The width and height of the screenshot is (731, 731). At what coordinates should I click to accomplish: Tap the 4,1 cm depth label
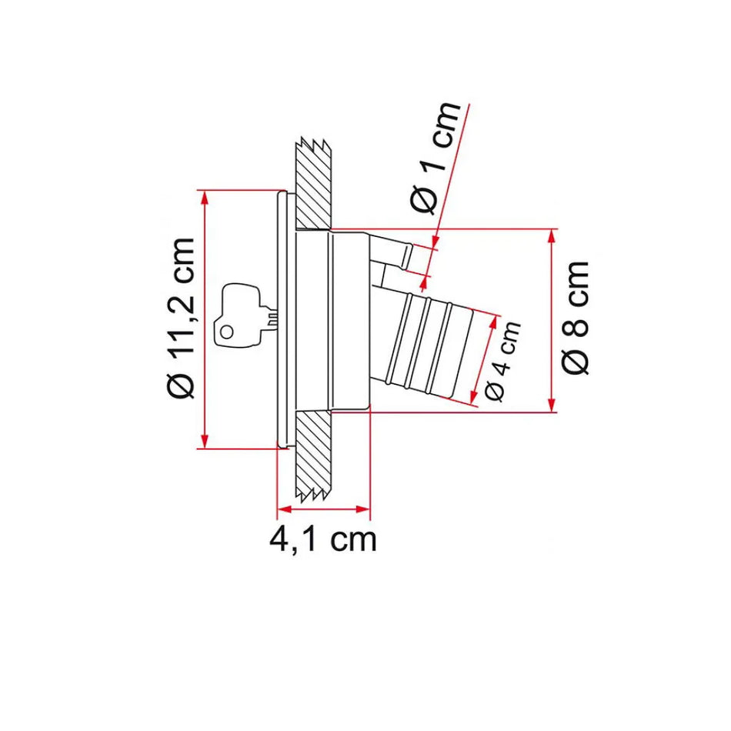(x=323, y=539)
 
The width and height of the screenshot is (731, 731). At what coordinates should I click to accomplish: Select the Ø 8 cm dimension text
(x=576, y=317)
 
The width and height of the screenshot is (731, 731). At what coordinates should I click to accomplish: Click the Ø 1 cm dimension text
(x=436, y=158)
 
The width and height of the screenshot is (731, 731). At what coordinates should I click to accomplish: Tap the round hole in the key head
(x=227, y=331)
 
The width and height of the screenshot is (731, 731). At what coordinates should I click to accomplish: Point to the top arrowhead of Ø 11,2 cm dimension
(x=204, y=197)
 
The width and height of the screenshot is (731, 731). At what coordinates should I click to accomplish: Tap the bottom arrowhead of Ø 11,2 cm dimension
(x=204, y=440)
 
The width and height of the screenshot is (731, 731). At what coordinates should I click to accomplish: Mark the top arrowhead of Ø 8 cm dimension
(x=551, y=236)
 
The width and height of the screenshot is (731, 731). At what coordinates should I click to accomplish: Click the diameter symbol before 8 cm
(x=576, y=360)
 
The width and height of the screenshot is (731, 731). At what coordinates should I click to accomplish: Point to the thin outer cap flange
(x=283, y=319)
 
